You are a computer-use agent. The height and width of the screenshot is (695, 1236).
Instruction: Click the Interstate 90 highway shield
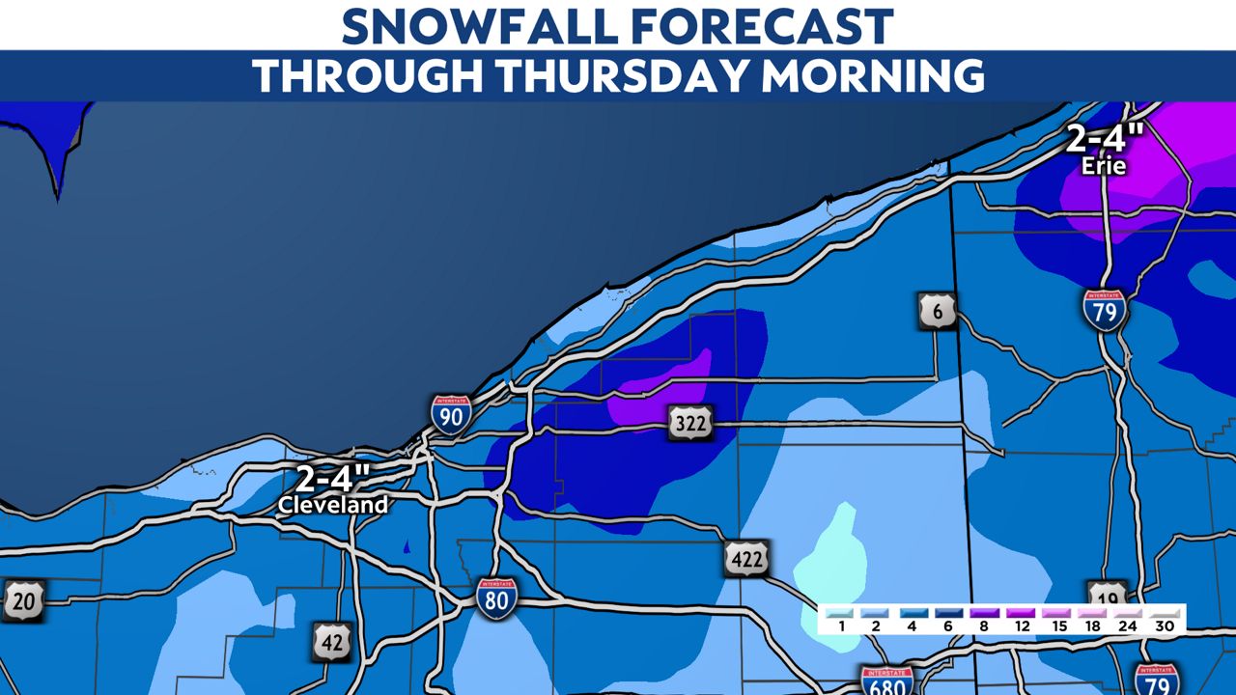[x=451, y=413]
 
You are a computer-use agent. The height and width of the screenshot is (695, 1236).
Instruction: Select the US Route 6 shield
[x=937, y=311]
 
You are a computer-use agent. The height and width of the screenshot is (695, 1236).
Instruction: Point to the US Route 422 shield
[x=746, y=558]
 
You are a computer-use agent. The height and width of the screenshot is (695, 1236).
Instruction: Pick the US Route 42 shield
[x=330, y=641]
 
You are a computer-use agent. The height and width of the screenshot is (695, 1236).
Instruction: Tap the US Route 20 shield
[x=23, y=600]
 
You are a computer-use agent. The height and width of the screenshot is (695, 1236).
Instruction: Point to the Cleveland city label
[x=333, y=505]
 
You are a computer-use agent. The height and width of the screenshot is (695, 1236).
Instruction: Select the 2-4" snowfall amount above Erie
[x=1105, y=139]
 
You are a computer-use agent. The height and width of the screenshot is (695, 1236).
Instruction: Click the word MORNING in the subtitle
[x=873, y=76]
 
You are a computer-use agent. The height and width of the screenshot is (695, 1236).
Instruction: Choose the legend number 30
[x=1164, y=626]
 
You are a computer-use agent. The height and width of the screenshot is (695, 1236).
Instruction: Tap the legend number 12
[x=1021, y=626]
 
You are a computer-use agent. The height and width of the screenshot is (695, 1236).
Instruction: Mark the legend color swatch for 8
[x=985, y=612]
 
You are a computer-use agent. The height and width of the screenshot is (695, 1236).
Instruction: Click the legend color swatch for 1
[x=841, y=612]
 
